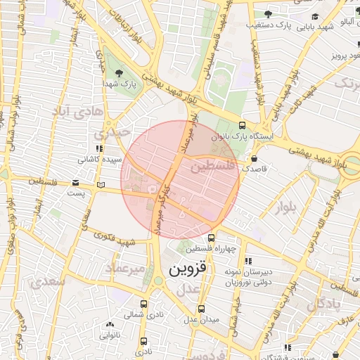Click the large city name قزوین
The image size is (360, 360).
point(184,269)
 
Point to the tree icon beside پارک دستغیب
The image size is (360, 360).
point(267,14)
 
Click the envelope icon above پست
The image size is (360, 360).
point(75,183)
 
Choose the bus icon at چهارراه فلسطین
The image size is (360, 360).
point(212,237)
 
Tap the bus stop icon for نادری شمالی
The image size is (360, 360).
point(144,304)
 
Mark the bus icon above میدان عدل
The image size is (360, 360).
point(202,309)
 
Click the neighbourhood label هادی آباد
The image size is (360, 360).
point(78,111)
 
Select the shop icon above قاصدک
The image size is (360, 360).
point(254,159)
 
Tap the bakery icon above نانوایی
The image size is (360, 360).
point(109,324)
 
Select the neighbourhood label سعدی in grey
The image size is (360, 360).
point(48,281)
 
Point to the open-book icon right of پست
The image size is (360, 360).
point(102,185)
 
